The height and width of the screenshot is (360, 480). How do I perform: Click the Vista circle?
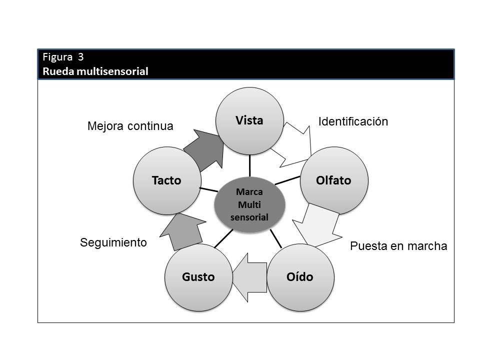click(x=249, y=121)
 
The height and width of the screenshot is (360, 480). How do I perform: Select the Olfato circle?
click(x=333, y=180)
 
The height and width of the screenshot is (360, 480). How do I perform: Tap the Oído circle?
click(x=300, y=277)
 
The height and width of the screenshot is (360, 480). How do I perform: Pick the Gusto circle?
click(x=198, y=277)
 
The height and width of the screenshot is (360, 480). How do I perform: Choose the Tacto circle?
click(x=166, y=180)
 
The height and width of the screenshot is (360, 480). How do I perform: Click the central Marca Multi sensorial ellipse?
click(x=249, y=204)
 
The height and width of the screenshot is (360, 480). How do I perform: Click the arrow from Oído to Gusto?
click(x=250, y=277)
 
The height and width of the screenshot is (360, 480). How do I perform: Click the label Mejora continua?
click(x=130, y=126)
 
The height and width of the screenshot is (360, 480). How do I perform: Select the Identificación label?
click(x=353, y=121)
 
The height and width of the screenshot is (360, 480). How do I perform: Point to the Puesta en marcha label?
click(x=398, y=246)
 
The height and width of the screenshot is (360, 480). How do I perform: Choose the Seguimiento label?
click(x=113, y=243)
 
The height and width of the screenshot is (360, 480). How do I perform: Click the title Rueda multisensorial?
click(x=95, y=71)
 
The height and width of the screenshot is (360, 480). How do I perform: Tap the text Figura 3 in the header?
click(x=62, y=56)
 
